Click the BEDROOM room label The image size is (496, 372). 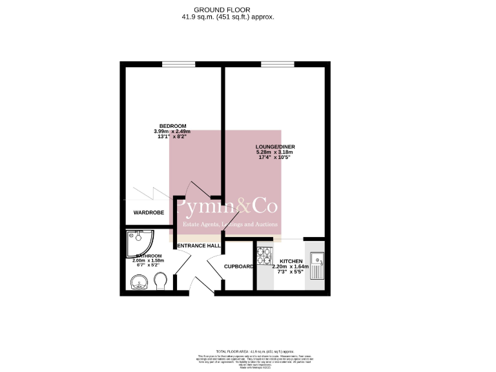(x=173, y=125)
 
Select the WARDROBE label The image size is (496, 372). (x=149, y=212)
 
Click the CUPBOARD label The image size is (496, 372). (x=238, y=266)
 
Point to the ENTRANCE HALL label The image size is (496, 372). (x=199, y=246)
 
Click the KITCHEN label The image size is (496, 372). (x=291, y=261)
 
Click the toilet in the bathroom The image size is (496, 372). (x=162, y=281)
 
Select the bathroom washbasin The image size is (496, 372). (x=138, y=282)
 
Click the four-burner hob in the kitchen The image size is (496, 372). (x=264, y=256)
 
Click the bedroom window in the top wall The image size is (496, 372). (x=178, y=64)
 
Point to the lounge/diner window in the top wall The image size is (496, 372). (x=277, y=64)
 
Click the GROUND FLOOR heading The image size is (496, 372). (x=227, y=10)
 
